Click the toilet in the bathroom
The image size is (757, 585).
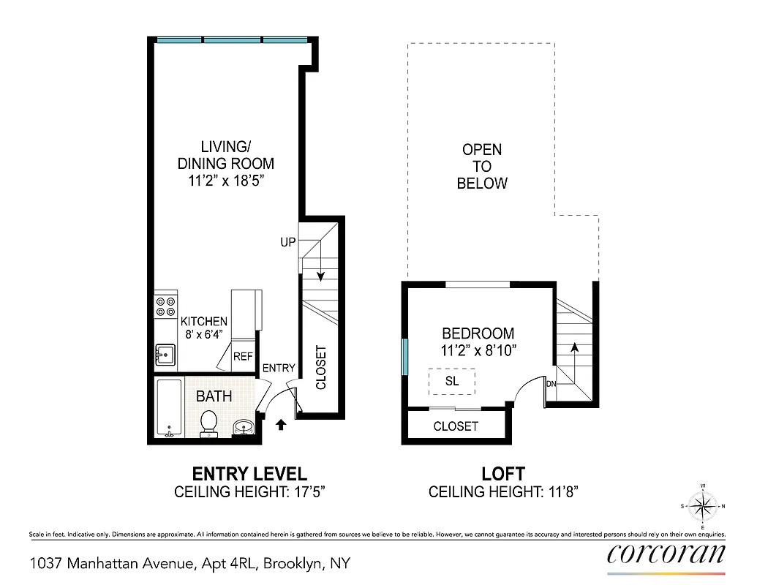(209, 423)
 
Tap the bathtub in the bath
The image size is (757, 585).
(169, 408)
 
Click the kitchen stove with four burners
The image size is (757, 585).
(165, 306)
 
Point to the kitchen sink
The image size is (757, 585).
(164, 356)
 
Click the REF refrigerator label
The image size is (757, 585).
(243, 357)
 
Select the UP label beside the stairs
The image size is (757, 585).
(287, 242)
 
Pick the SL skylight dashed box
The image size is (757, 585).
(452, 382)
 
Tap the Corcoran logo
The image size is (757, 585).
(666, 554)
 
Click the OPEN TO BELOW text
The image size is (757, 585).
(482, 167)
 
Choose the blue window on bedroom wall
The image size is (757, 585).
(404, 357)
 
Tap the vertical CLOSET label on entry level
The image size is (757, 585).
(320, 367)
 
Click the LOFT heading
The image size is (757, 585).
(502, 474)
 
